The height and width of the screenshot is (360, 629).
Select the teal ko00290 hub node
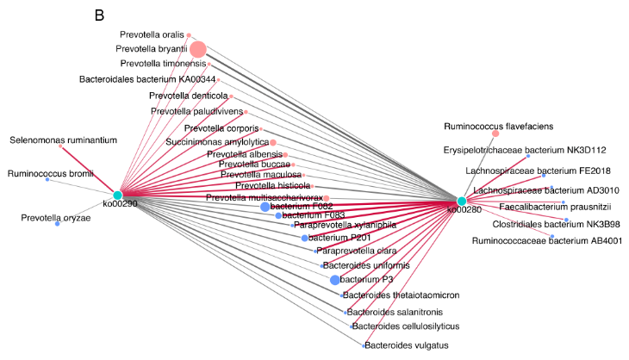point(117,196)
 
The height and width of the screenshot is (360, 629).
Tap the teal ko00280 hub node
point(462,201)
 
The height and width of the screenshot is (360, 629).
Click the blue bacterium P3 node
point(335,280)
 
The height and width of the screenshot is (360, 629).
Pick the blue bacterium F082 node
point(265,207)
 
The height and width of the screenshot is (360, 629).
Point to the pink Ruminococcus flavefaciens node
point(495,133)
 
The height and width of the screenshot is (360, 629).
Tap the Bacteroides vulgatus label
point(406,345)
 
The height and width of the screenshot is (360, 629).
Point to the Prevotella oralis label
point(155,34)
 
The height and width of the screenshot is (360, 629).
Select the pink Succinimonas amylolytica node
point(272,141)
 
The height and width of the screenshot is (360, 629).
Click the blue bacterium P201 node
point(304,238)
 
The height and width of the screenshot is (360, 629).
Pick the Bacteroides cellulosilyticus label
point(411,326)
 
